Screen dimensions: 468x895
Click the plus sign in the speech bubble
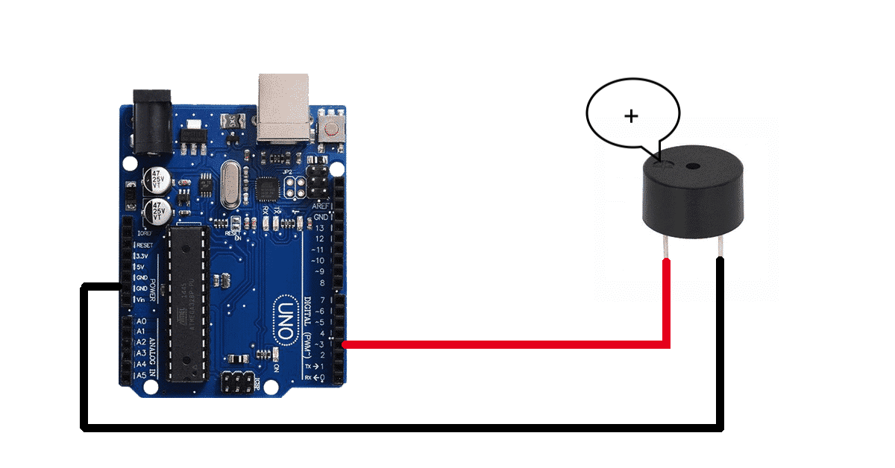tap(632, 116)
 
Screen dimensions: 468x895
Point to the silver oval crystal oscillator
tap(232, 186)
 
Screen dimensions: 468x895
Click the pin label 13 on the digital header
tap(321, 228)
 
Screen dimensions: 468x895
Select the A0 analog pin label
tap(140, 321)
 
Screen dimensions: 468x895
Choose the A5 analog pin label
tap(140, 376)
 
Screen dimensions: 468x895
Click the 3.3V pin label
tap(142, 256)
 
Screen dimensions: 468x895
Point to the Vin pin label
tap(141, 300)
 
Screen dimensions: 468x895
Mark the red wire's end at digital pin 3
tap(344, 344)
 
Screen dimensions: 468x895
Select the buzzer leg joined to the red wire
tap(664, 246)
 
